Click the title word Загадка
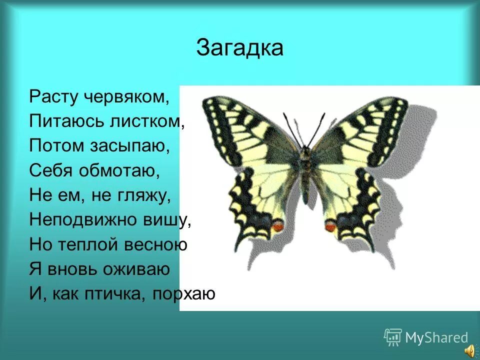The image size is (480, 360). (x=239, y=48)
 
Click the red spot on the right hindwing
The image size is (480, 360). (x=330, y=227)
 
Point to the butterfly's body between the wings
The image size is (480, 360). (x=305, y=170)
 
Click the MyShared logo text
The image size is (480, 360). (x=436, y=338)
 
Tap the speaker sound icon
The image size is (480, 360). (x=470, y=351)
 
